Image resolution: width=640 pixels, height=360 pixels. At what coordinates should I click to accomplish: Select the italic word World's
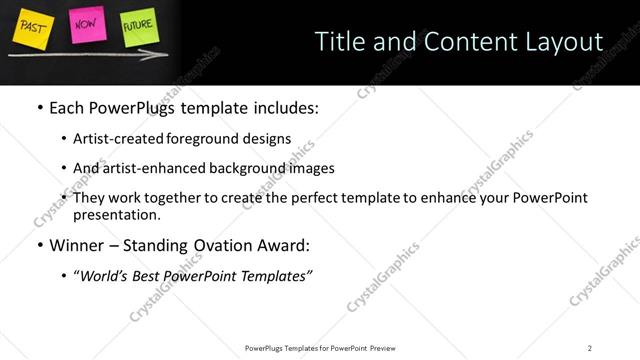pos(105,275)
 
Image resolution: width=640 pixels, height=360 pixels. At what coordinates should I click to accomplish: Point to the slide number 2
pos(590,347)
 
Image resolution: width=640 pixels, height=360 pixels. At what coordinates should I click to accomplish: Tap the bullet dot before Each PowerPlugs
pos(39,107)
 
